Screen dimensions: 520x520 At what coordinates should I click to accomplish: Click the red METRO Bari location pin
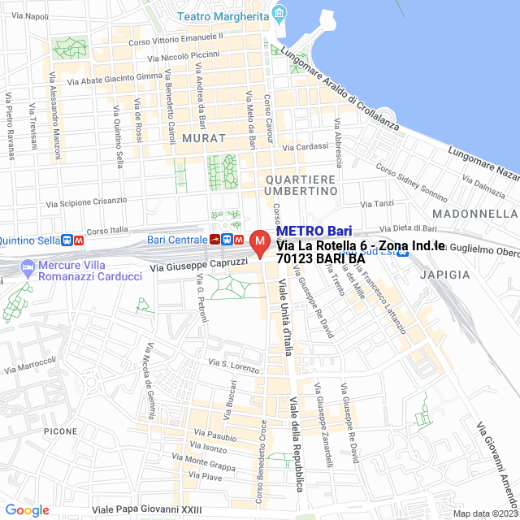(260, 243)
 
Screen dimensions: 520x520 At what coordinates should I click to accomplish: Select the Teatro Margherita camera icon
(280, 15)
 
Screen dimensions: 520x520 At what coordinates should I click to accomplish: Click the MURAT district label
(203, 138)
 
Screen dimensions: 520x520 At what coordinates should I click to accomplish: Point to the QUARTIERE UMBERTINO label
(300, 184)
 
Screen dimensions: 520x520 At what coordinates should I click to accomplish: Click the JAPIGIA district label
(445, 275)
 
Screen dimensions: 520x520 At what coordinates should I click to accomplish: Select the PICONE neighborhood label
(61, 431)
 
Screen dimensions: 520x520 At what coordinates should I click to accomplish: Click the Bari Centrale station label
(177, 240)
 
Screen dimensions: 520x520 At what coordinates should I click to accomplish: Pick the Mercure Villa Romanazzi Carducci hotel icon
(28, 266)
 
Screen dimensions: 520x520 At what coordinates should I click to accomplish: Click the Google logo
(27, 509)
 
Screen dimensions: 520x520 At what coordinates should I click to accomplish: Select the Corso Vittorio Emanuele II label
(176, 38)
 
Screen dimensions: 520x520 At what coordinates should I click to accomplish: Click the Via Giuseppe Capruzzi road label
(198, 265)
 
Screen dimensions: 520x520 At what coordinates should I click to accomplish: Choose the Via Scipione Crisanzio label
(87, 201)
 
